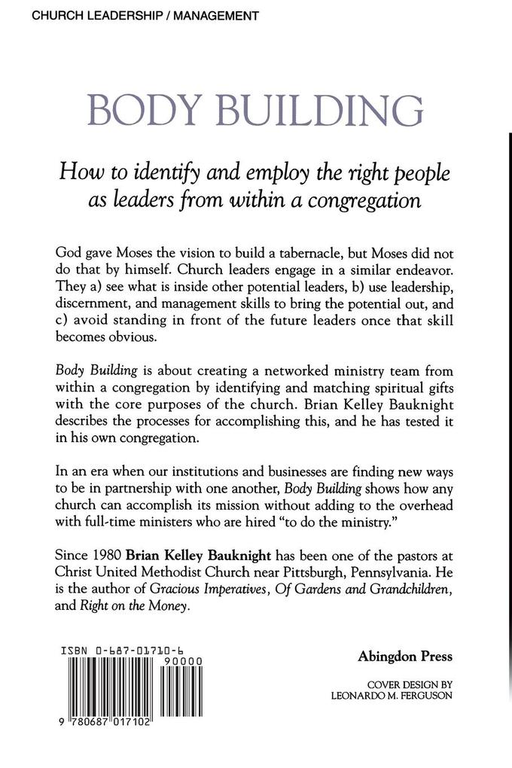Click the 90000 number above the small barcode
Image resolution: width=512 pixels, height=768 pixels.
pyautogui.click(x=180, y=660)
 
